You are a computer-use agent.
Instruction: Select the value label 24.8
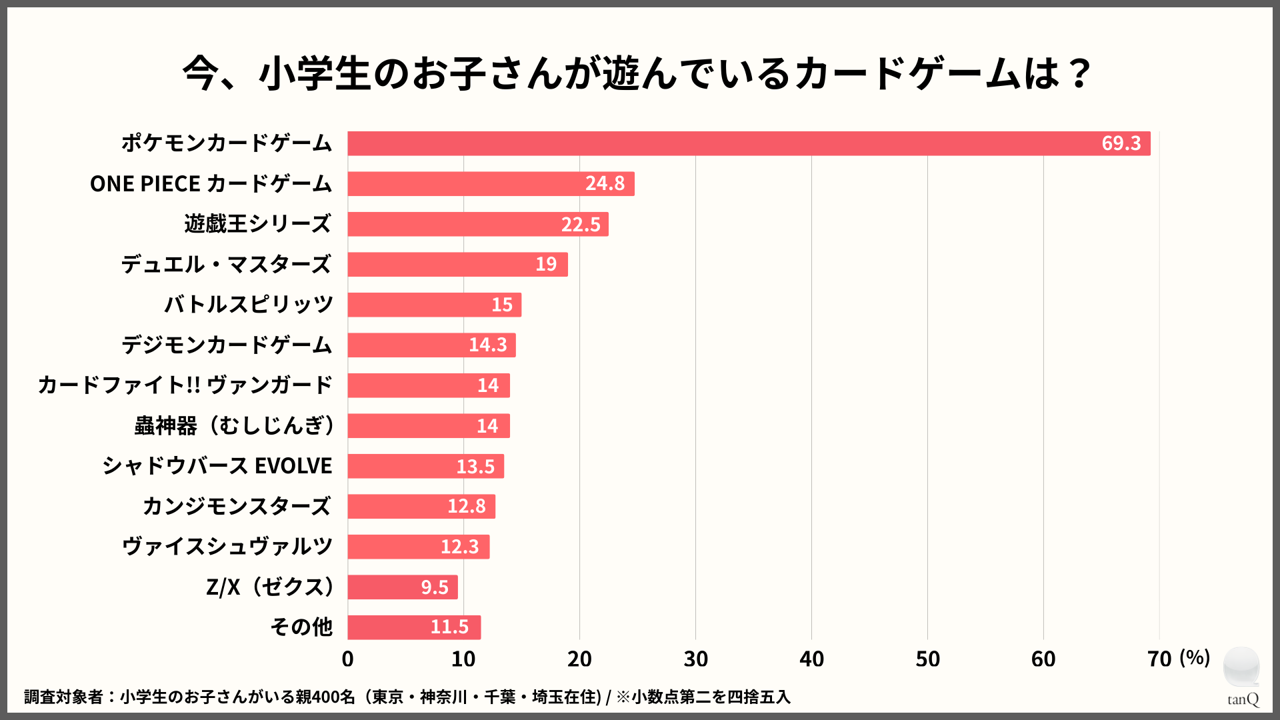click(605, 183)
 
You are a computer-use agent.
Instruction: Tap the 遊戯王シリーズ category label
click(257, 224)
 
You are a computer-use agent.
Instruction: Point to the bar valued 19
click(457, 265)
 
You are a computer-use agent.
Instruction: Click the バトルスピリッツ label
click(248, 305)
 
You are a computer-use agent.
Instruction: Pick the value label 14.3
click(487, 345)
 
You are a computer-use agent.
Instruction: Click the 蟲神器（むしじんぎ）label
click(235, 425)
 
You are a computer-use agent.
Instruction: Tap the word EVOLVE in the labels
click(293, 466)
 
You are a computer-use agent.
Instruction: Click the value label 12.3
click(459, 547)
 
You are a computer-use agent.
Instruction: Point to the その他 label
click(301, 627)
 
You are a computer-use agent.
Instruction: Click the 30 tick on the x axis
click(695, 659)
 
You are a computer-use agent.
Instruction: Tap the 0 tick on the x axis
click(347, 659)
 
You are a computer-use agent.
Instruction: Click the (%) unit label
click(1195, 658)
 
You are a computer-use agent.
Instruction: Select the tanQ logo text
click(1243, 699)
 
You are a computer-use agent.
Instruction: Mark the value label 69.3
click(1121, 143)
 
